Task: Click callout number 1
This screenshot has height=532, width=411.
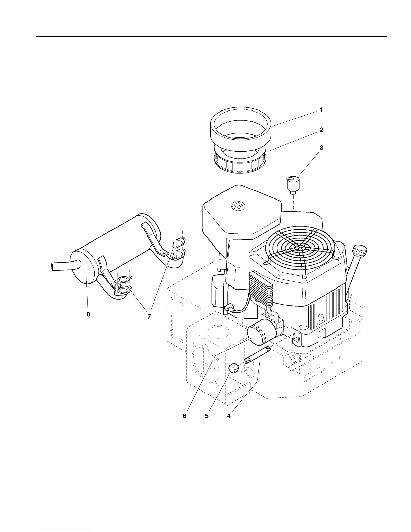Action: pyautogui.click(x=321, y=110)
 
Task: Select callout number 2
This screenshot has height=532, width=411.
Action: pyautogui.click(x=321, y=130)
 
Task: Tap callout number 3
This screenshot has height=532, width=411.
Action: pyautogui.click(x=321, y=148)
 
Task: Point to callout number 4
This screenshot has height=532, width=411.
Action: pyautogui.click(x=229, y=416)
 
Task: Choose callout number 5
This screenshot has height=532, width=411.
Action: pyautogui.click(x=207, y=416)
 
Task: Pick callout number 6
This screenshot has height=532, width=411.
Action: pyautogui.click(x=185, y=416)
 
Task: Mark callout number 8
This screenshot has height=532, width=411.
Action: pyautogui.click(x=88, y=314)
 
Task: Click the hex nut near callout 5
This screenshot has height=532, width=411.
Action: pyautogui.click(x=234, y=368)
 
